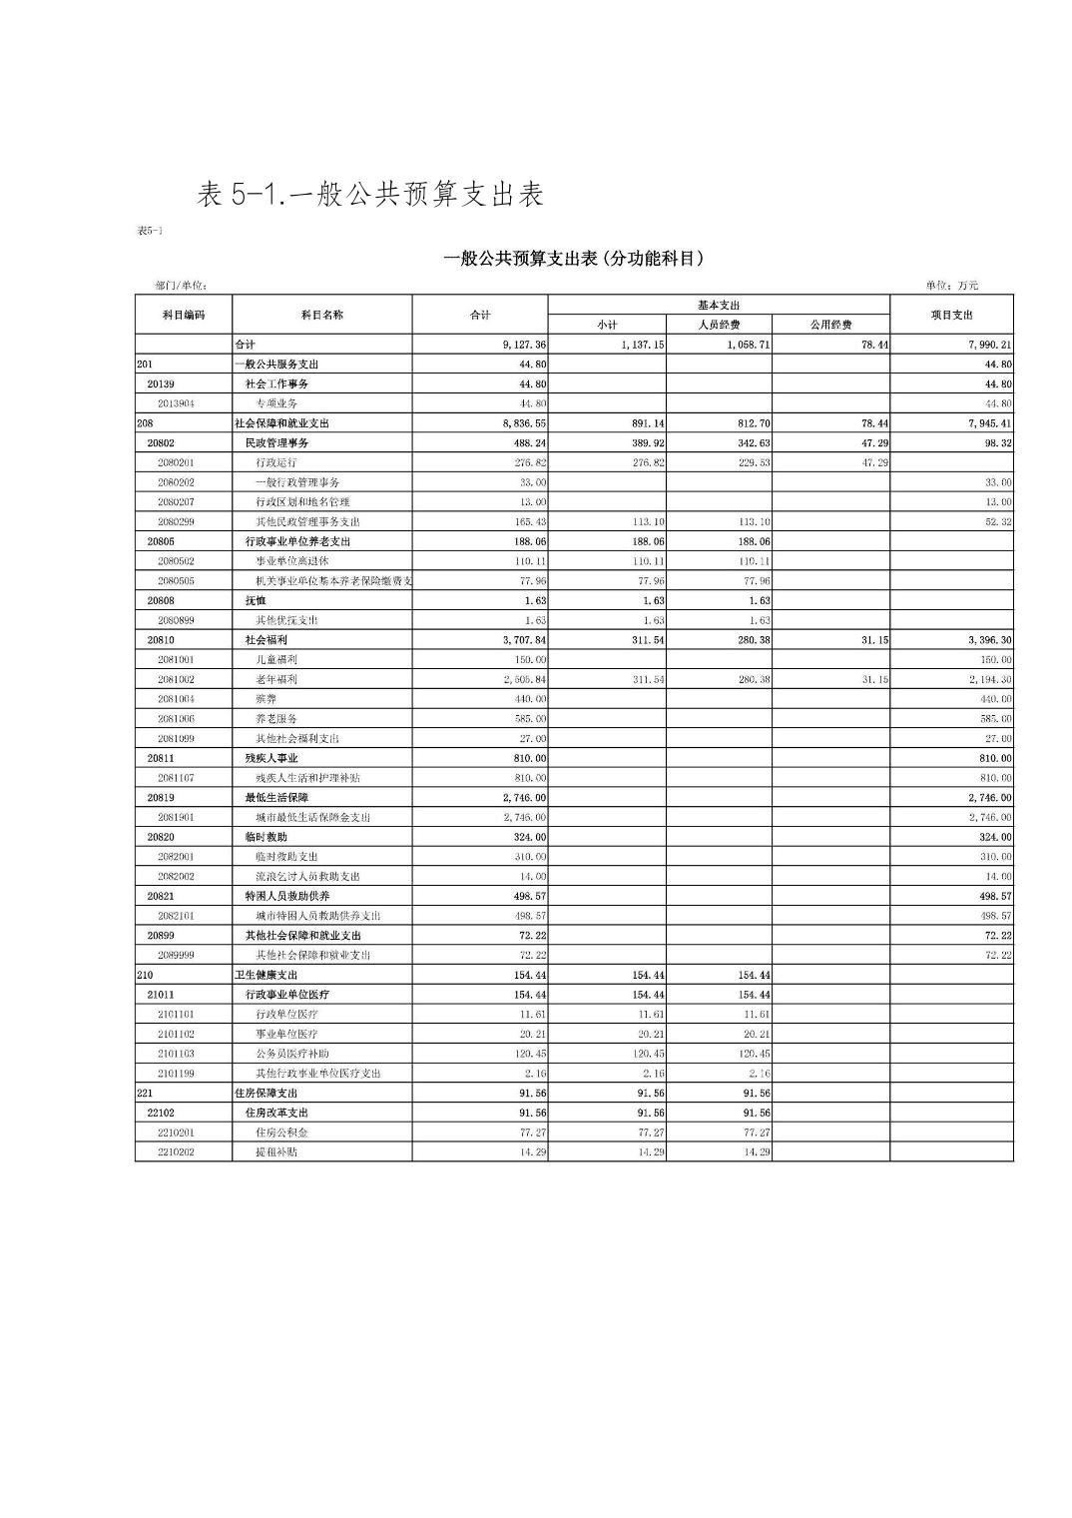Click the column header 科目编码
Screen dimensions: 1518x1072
183,315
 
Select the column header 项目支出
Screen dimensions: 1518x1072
950,315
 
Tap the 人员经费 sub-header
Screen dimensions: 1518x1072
719,325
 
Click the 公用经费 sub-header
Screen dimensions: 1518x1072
830,325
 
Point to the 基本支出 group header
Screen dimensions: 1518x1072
719,305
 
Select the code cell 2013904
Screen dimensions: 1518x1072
176,403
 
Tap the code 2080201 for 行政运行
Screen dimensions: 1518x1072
176,462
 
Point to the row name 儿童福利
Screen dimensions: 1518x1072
276,660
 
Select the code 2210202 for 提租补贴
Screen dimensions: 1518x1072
176,1152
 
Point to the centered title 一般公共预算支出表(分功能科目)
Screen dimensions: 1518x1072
574,259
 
